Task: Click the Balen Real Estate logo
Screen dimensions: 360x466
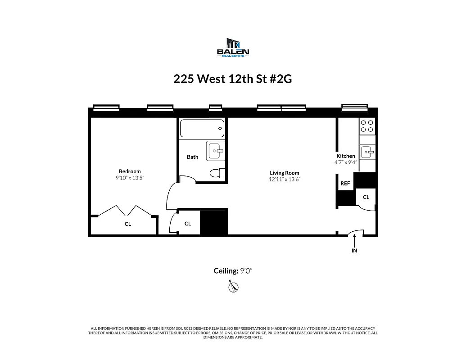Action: coord(233,48)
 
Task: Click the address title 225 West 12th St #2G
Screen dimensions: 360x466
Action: coord(233,79)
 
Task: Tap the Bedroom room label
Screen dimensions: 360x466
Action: coord(130,171)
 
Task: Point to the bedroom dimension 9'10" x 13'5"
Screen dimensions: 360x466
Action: coord(130,178)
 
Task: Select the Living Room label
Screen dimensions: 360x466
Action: coord(284,173)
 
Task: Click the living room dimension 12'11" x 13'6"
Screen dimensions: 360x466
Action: coord(284,179)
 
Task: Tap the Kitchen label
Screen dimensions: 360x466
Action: coord(346,156)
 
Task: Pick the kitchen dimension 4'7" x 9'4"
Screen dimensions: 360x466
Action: coord(346,162)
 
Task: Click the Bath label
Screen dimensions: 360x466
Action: coord(192,157)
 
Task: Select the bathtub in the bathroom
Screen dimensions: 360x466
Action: coord(202,129)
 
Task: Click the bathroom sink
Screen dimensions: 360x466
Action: coord(216,151)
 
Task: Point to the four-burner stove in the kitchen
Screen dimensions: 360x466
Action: coord(367,126)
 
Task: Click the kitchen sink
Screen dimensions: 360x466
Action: coord(367,152)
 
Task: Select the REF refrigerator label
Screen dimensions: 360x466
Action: coord(345,184)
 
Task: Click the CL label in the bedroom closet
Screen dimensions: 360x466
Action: coord(128,224)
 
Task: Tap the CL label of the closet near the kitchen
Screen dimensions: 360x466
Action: coord(366,197)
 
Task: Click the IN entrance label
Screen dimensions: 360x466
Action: coord(354,251)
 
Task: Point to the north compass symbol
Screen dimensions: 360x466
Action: coord(233,287)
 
